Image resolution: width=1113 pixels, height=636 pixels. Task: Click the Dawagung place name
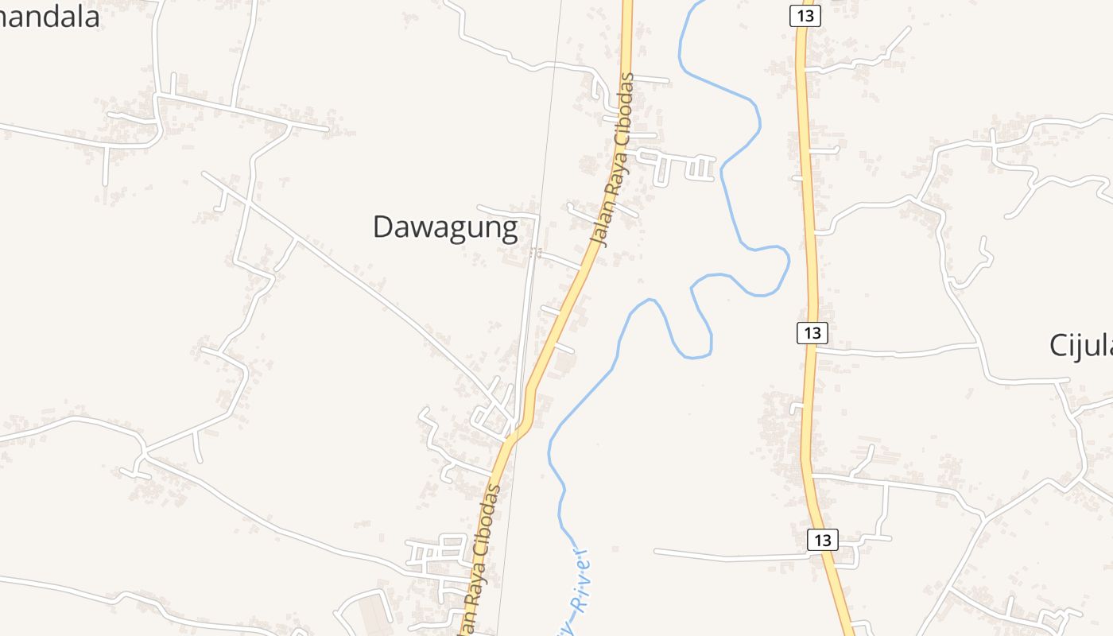point(445,227)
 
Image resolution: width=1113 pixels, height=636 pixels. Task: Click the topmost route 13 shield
point(805,15)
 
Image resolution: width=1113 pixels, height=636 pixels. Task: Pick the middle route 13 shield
point(812,332)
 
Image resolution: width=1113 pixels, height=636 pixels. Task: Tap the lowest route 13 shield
point(822,539)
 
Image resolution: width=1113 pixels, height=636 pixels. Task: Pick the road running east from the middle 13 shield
point(898,351)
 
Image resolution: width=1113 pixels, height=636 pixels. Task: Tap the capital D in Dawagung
point(384,227)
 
